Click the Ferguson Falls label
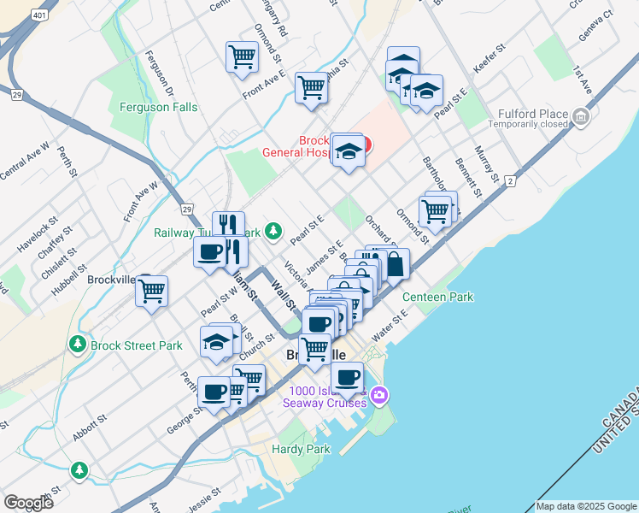coord(159,108)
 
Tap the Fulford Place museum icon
coord(581,115)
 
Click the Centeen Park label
coord(437,297)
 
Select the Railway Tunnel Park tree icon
coord(273,231)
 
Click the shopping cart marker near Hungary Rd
coord(243,56)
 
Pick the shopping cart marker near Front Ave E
coord(311,86)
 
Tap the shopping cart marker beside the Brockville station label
coord(152,291)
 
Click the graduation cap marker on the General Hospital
coord(347,151)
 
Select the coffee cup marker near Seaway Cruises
coord(347,377)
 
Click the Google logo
coord(28,502)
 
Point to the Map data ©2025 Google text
coord(586,506)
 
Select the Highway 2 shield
coord(510,181)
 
